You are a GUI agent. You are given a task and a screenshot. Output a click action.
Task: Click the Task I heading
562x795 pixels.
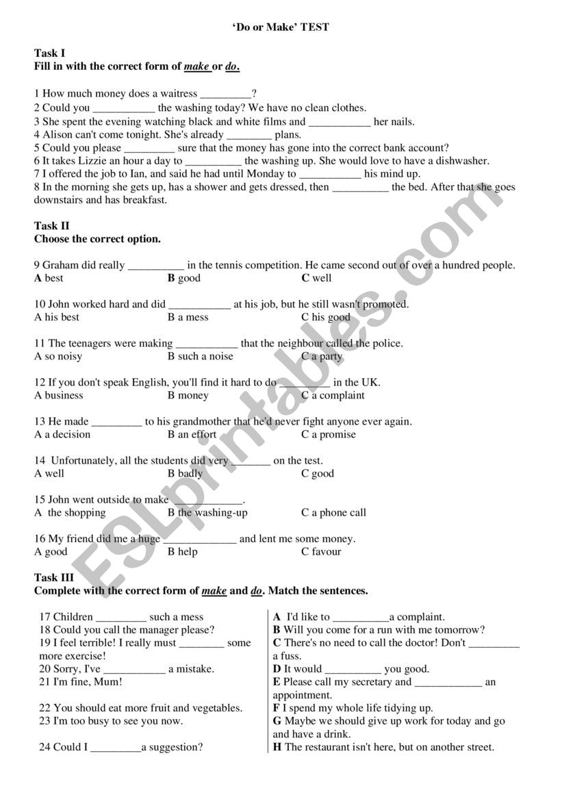(x=50, y=53)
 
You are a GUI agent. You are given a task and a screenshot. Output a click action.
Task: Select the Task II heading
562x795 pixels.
(x=52, y=226)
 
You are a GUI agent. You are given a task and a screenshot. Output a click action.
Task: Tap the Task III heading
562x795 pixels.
(x=54, y=578)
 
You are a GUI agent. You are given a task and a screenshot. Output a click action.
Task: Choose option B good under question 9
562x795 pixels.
(x=184, y=278)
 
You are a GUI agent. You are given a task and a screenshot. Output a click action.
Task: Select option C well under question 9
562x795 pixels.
(x=316, y=278)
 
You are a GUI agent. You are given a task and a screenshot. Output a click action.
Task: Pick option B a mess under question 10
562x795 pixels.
(x=188, y=317)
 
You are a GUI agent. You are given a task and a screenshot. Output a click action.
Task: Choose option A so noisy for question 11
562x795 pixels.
(x=58, y=356)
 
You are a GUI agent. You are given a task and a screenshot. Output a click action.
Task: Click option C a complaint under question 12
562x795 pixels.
(x=333, y=395)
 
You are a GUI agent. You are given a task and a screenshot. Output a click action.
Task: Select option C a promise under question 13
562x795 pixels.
(x=329, y=434)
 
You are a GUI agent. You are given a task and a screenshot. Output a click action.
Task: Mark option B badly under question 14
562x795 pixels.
(x=186, y=473)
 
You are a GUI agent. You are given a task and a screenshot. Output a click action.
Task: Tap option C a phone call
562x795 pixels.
(x=333, y=512)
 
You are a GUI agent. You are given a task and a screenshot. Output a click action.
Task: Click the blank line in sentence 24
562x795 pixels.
(x=116, y=748)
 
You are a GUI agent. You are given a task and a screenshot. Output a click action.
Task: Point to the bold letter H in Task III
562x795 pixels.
(x=277, y=747)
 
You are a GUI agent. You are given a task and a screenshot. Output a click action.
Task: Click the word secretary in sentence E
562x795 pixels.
(x=368, y=682)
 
